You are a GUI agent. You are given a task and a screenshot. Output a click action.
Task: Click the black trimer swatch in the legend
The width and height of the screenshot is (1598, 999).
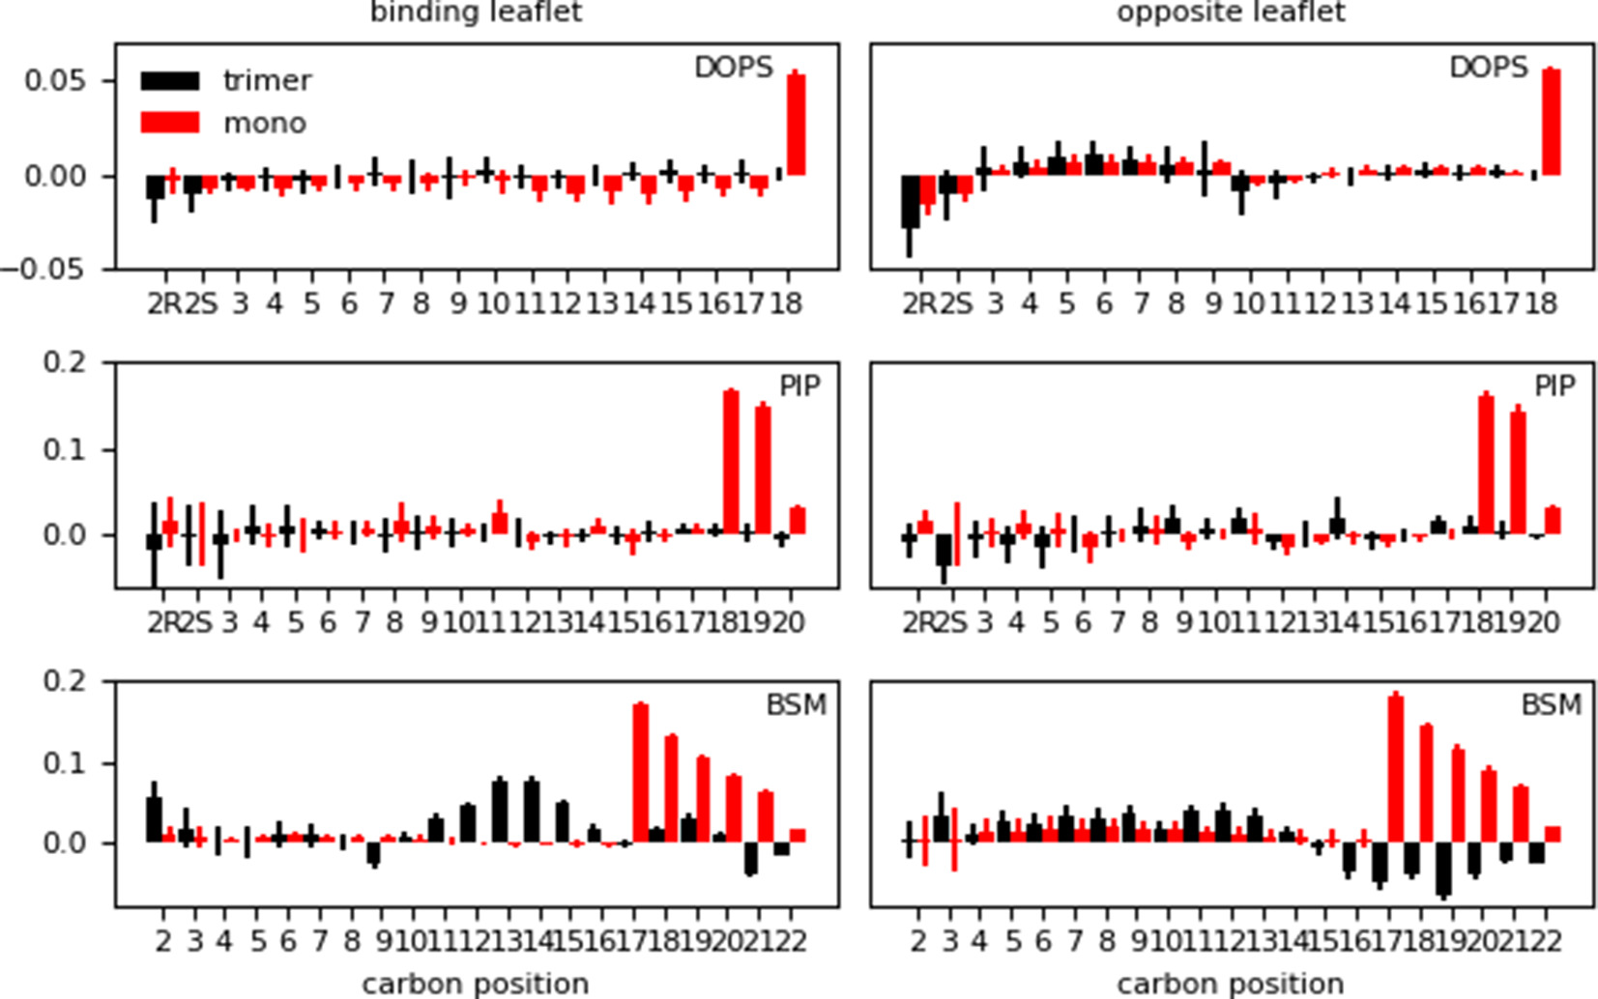point(170,80)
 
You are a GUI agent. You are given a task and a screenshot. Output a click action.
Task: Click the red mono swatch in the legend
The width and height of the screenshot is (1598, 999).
point(170,123)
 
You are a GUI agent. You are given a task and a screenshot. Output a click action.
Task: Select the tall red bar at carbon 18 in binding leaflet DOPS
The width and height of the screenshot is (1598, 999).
point(796,125)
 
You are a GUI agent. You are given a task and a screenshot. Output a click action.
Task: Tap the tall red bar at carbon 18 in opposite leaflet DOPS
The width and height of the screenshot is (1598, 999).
point(1551,122)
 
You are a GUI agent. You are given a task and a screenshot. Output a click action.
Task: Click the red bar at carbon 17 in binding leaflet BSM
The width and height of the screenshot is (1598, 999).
point(640,773)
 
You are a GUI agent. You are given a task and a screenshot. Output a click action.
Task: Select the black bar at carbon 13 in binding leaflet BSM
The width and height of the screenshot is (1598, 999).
point(500,811)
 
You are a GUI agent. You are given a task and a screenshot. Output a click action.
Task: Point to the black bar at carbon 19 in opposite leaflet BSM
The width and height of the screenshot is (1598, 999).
point(1443,869)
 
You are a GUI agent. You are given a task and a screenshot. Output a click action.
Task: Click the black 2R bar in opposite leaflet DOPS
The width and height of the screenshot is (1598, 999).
point(910,201)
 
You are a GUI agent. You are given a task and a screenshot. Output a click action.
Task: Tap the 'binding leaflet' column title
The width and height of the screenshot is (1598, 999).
point(476,13)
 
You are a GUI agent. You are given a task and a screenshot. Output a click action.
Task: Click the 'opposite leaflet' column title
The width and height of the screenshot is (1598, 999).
point(1231,13)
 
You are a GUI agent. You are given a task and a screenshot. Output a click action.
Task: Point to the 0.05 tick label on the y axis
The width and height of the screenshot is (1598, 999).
point(54,80)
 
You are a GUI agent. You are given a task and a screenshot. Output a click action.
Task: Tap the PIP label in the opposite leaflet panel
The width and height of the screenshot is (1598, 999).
point(1554,386)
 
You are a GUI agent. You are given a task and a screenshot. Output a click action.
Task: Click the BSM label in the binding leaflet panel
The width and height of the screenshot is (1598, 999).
point(796,705)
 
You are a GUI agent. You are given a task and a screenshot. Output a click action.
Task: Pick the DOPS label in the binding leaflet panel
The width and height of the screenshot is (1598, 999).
point(733,68)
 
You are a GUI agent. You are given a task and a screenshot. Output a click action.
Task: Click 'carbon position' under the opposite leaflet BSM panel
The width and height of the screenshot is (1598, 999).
point(1230,984)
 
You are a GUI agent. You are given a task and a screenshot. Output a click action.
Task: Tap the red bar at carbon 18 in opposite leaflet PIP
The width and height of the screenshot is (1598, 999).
point(1486,464)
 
